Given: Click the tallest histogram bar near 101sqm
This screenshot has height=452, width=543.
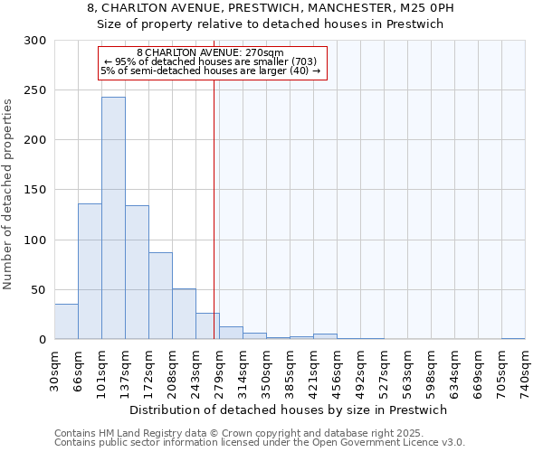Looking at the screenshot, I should [113, 218].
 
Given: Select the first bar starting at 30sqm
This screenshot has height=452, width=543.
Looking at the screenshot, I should [66, 322].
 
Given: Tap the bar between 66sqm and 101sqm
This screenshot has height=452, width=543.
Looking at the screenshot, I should [90, 271].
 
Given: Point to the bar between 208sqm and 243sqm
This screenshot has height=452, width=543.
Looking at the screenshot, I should [184, 314].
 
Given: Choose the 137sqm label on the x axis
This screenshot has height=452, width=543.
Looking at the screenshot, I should [126, 369].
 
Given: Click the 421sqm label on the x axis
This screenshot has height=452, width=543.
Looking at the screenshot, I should [314, 369].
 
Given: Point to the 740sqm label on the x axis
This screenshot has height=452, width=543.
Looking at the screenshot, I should [526, 369].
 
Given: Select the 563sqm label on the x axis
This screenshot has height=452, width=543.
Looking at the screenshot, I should [408, 369].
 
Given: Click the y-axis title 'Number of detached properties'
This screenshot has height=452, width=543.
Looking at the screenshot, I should [8, 194].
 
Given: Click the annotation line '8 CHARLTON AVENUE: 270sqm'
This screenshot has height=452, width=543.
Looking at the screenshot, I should [210, 52].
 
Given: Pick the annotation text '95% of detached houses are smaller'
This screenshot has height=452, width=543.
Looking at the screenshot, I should [211, 61].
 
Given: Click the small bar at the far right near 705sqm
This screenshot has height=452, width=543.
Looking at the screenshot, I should [513, 338].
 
